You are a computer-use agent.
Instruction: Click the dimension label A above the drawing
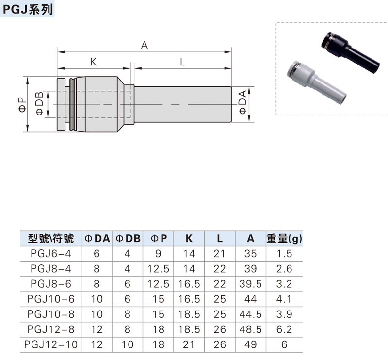pyautogui.click(x=144, y=46)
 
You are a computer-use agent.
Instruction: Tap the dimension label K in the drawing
pyautogui.click(x=93, y=62)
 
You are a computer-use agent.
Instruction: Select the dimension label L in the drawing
pyautogui.click(x=182, y=62)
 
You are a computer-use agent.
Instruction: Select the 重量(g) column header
pyautogui.click(x=283, y=238)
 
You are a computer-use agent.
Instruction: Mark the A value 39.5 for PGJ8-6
pyautogui.click(x=250, y=283)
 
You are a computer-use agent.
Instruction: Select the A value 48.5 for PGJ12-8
pyautogui.click(x=250, y=329)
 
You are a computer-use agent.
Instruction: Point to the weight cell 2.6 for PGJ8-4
pyautogui.click(x=283, y=268)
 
